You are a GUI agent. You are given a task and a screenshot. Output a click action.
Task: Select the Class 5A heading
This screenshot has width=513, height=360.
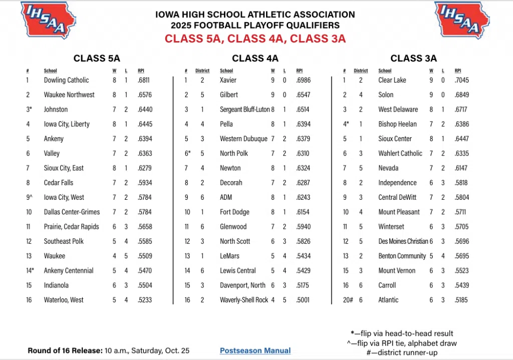pos(97,58)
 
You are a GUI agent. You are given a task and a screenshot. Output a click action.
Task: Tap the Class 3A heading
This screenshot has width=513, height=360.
pos(414,58)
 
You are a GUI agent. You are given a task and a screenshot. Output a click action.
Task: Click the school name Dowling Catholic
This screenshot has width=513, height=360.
pos(66,80)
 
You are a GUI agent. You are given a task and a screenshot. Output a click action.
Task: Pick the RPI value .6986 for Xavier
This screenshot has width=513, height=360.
pos(304,80)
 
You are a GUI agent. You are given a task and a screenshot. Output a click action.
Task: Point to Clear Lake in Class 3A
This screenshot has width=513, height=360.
pos(392,80)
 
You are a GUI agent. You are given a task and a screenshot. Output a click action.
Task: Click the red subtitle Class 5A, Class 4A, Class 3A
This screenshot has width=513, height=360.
pos(255,39)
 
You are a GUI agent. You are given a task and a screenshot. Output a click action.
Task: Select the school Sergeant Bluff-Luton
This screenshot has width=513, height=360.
pos(244,110)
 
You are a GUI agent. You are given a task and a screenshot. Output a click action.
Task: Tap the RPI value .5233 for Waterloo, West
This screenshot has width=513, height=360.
pos(145,300)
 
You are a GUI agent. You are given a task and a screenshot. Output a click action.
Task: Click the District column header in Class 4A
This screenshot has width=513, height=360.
pos(202,71)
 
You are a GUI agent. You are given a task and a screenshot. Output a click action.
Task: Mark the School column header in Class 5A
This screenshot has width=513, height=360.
pos(51,71)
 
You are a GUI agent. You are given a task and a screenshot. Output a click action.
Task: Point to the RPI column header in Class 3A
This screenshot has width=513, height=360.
pos(458,71)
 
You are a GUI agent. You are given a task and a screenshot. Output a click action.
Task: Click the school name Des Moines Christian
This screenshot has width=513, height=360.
pos(403,241)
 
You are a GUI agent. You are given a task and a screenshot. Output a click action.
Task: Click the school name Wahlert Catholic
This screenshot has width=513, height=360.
pos(400,153)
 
